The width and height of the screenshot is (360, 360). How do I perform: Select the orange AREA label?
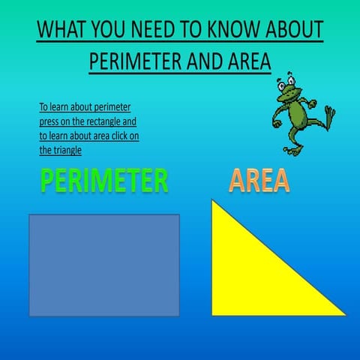(x=259, y=181)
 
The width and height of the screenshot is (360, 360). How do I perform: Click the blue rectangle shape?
(x=103, y=265)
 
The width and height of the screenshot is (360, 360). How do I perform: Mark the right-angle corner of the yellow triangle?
(x=213, y=313)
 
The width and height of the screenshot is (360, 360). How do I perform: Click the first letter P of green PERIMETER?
(x=48, y=181)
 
